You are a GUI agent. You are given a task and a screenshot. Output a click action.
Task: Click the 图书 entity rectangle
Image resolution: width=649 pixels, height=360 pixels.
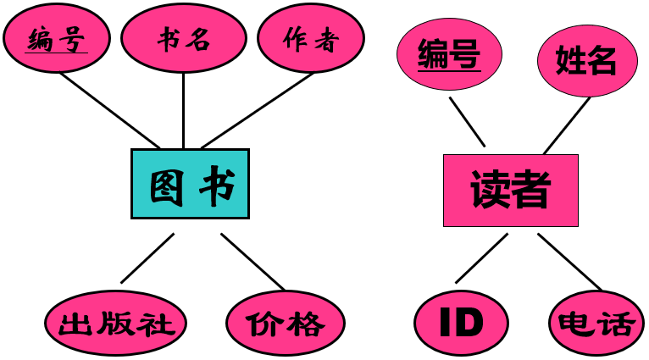[x=190, y=184]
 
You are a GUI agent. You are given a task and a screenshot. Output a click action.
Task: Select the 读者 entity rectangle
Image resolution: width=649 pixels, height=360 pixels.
[x=510, y=190]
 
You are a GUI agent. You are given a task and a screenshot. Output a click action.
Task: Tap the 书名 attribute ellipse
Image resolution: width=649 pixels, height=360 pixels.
[x=183, y=39]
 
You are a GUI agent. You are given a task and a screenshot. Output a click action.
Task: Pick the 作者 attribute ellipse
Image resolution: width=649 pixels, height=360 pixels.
[x=310, y=39]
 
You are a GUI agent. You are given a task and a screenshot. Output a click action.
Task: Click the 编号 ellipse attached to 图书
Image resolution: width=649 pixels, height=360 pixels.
[x=56, y=39]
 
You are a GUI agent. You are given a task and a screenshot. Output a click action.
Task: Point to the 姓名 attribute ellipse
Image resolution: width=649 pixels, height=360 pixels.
[x=586, y=60]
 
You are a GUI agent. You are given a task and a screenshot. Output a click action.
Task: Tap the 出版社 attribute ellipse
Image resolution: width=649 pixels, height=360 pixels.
[x=115, y=323]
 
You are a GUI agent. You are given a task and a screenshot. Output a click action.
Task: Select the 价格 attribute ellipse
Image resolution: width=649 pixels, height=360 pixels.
[x=286, y=323]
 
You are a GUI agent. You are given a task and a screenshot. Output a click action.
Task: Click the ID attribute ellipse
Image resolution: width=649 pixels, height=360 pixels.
[x=461, y=322]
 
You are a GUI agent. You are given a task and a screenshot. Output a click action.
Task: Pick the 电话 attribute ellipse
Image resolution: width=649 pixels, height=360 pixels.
[x=595, y=323]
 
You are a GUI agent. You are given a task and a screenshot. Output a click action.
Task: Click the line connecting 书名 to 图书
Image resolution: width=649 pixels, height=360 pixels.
[x=183, y=110]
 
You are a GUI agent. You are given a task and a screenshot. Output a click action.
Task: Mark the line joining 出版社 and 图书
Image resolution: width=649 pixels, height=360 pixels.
[x=147, y=258]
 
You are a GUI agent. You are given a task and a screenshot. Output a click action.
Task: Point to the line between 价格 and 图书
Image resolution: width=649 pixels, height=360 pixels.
[x=252, y=261]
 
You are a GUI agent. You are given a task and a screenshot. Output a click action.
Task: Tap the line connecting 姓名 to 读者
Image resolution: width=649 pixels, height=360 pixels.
[x=565, y=126]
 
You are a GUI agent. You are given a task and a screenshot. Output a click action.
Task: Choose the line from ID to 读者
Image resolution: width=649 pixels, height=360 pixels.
[x=481, y=258]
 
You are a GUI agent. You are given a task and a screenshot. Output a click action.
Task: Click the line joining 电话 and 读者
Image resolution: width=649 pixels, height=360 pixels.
[x=568, y=261]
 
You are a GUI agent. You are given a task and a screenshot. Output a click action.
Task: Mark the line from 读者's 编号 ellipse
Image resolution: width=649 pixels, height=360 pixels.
[x=467, y=121]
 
